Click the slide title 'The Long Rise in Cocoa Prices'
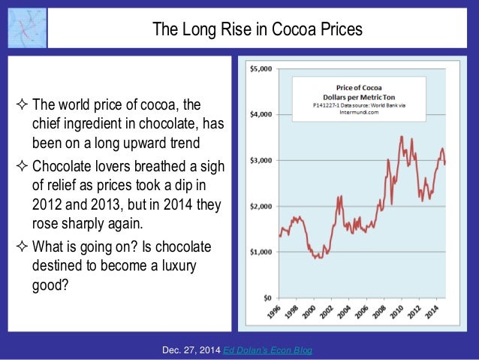tap(258, 30)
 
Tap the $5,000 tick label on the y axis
tap(262, 69)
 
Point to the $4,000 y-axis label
tap(262, 115)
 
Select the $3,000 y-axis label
tap(262, 161)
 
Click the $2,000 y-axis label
tap(262, 207)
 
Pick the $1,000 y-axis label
tap(262, 253)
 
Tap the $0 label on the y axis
tap(267, 298)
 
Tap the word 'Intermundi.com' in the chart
tap(348, 115)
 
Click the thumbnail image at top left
tap(24, 29)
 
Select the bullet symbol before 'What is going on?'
tap(20, 247)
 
